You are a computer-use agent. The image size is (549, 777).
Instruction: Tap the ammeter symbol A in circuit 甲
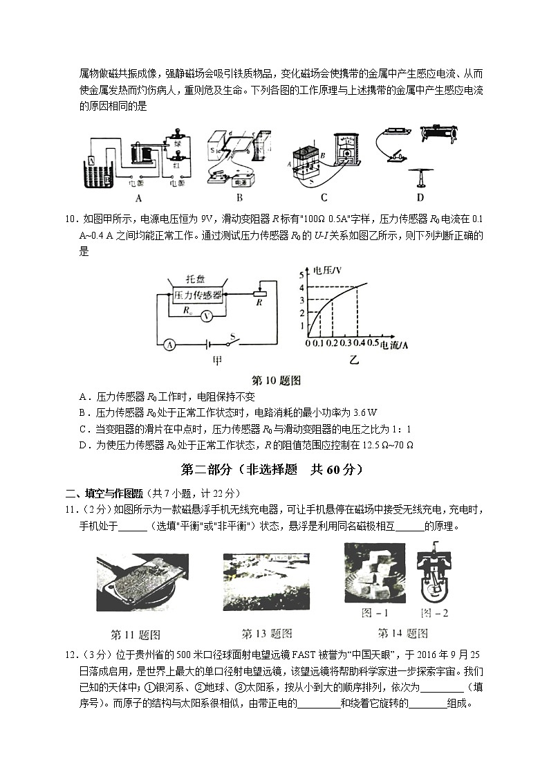[169, 343]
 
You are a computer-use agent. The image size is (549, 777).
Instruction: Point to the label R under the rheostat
[258, 302]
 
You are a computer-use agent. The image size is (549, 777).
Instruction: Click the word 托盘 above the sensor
[198, 278]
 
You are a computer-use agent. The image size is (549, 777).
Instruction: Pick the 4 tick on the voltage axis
[301, 286]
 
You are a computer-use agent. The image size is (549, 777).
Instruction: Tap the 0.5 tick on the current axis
[373, 343]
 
